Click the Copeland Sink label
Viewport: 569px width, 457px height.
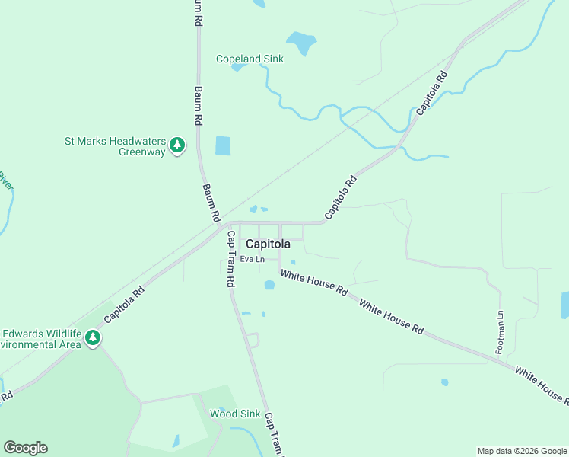tap(250, 59)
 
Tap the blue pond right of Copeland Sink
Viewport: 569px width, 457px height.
tap(301, 41)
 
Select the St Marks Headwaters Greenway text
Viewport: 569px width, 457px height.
tap(114, 146)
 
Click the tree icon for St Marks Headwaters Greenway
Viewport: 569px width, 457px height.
tap(177, 145)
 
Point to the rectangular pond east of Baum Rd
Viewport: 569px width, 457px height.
tap(222, 145)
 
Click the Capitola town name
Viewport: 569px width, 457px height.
tap(268, 244)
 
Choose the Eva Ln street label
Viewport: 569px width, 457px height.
tap(252, 259)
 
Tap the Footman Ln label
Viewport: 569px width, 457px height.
tap(500, 332)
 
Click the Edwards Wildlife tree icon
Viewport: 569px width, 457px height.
tap(93, 337)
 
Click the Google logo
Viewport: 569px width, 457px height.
tap(25, 448)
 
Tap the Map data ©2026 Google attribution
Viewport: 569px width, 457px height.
tap(522, 451)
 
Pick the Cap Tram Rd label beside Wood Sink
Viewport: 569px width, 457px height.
tap(272, 434)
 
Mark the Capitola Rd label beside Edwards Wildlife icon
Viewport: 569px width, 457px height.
tap(124, 304)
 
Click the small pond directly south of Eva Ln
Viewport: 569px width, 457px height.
tap(269, 286)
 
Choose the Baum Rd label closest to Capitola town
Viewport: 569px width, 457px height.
tap(211, 202)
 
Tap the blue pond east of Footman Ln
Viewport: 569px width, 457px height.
tap(564, 305)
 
